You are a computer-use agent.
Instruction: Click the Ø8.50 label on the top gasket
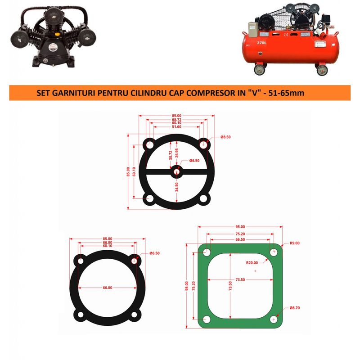pyautogui.click(x=225, y=137)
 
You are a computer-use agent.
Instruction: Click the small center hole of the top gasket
pyautogui.click(x=176, y=171)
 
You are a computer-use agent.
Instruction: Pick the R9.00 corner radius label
pyautogui.click(x=295, y=243)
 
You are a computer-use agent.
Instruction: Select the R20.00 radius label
pyautogui.click(x=252, y=262)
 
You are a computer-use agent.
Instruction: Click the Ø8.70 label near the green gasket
pyautogui.click(x=294, y=308)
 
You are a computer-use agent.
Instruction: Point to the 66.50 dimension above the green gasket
pyautogui.click(x=240, y=240)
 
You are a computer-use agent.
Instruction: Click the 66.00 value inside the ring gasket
pyautogui.click(x=107, y=288)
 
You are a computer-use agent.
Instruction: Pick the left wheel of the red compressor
pyautogui.click(x=260, y=69)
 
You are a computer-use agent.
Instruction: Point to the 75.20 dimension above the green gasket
pyautogui.click(x=240, y=234)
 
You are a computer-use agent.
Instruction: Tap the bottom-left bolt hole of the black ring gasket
pyautogui.click(x=81, y=315)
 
